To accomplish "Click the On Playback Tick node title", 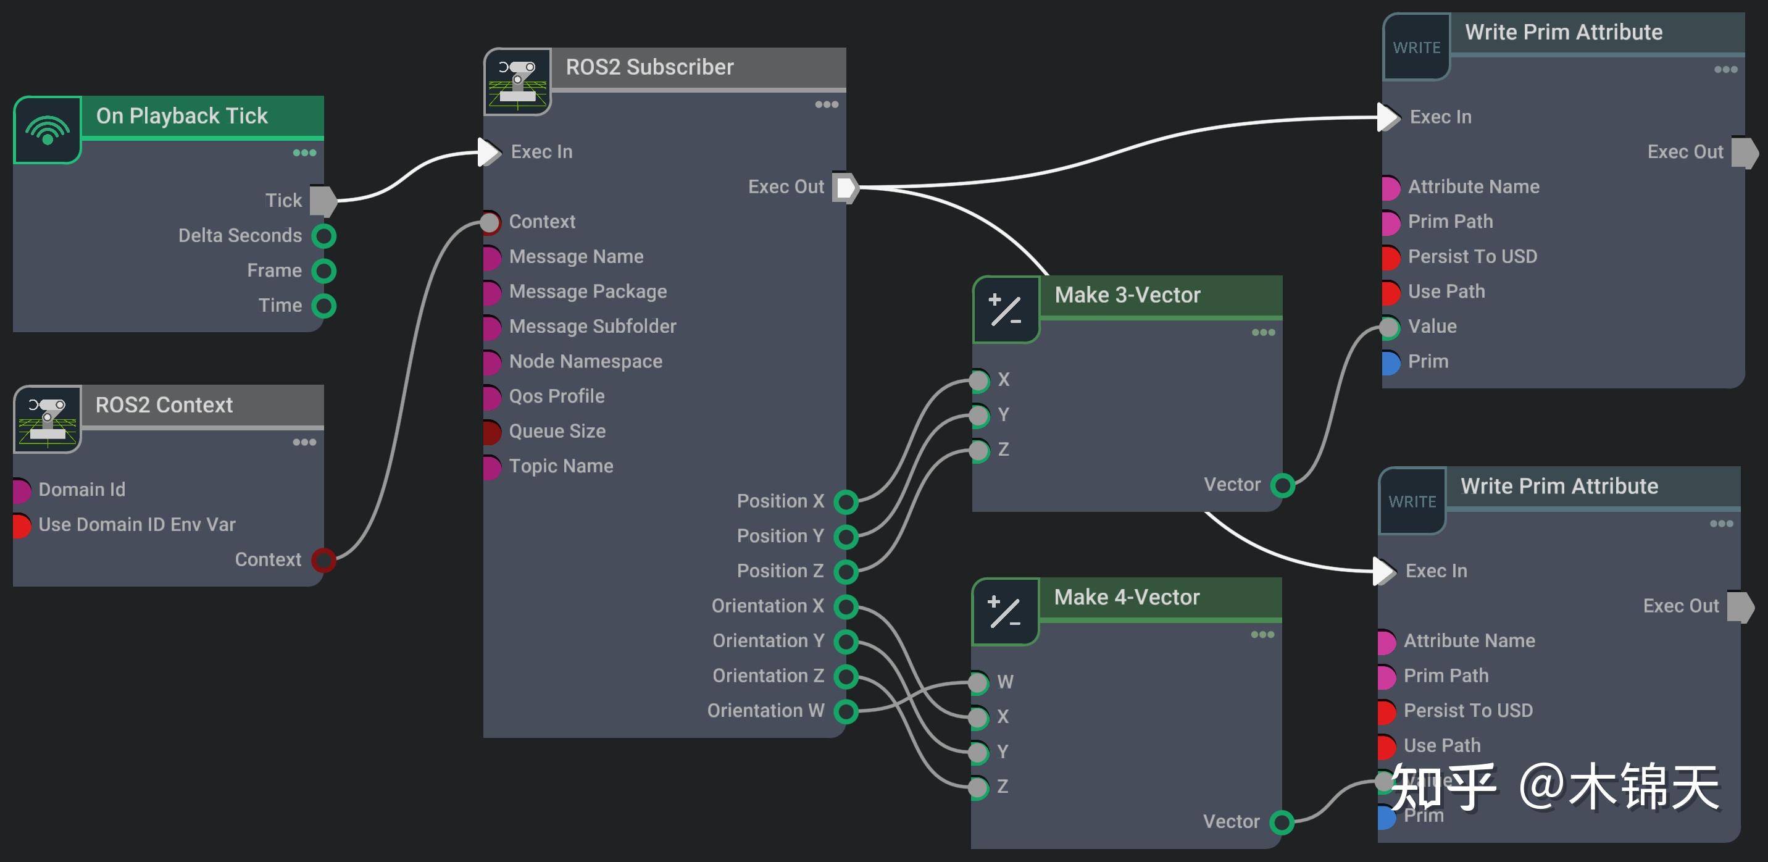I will click(x=181, y=116).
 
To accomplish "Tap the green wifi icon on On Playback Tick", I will click(x=48, y=130).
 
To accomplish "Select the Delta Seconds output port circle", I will click(x=324, y=236).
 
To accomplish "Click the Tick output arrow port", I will click(x=323, y=201).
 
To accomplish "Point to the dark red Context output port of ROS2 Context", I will click(x=323, y=560).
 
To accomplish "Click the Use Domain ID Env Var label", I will click(x=136, y=524).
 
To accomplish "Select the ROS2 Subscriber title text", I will click(x=649, y=67).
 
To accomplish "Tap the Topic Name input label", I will click(x=561, y=466).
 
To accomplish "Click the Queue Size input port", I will click(x=491, y=432).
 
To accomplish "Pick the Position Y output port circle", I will click(x=846, y=536).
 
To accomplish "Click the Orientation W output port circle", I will click(x=846, y=711).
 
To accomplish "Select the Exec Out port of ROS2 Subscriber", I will click(x=846, y=187).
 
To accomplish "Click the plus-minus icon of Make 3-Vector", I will click(x=1006, y=309).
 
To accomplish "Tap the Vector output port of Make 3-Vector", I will click(x=1282, y=485).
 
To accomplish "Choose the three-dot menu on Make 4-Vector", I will click(x=1262, y=635).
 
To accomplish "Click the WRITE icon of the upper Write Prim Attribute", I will click(x=1416, y=48).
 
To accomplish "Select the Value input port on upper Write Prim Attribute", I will click(x=1389, y=327).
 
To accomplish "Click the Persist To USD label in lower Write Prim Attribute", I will click(x=1467, y=710).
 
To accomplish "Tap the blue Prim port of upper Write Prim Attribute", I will click(x=1389, y=362).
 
